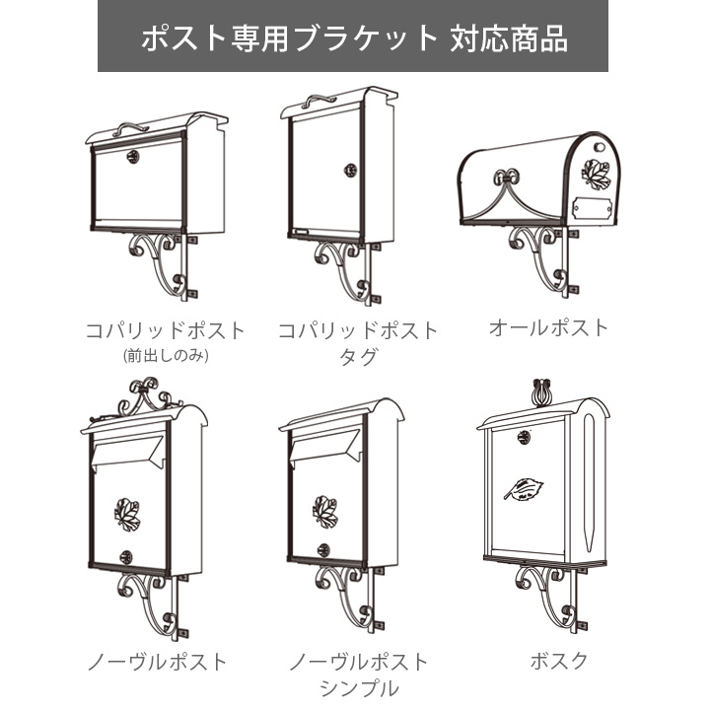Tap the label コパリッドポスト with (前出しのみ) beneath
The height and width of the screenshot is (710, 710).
point(165,329)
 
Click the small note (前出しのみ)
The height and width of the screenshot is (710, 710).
point(165,356)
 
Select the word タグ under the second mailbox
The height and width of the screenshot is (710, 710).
point(357,357)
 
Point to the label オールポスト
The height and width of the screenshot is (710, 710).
point(548,327)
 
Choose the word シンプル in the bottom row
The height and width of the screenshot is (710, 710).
point(358,687)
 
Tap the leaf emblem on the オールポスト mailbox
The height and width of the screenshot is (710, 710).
point(596,175)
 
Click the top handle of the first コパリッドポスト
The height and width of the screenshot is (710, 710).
point(131,127)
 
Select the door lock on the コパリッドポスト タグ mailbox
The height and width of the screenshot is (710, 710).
point(350,170)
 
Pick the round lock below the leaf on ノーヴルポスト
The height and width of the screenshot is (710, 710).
point(127,554)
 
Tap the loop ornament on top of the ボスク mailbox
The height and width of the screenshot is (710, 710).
point(540,390)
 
